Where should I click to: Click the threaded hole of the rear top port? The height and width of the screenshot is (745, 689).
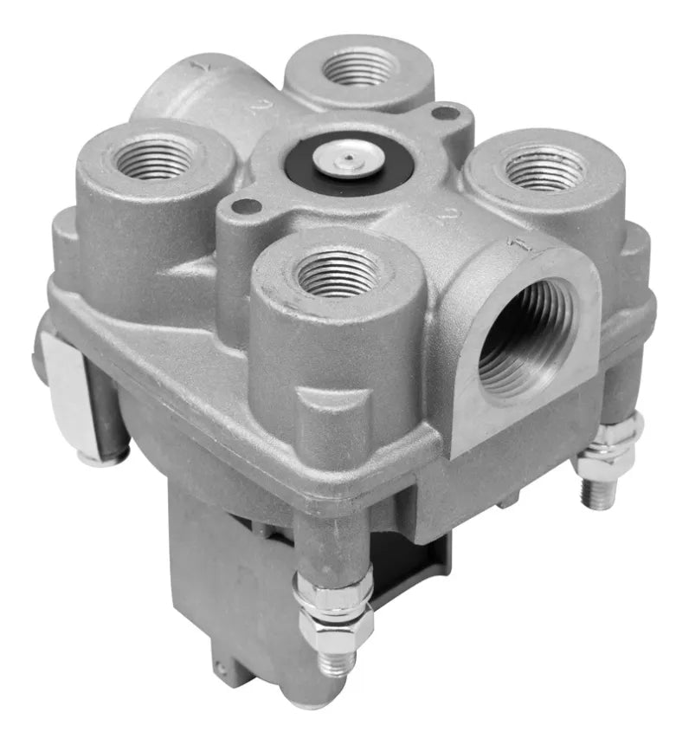click(360, 68)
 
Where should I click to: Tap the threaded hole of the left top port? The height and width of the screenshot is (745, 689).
click(155, 159)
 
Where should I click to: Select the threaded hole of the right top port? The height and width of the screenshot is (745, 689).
click(544, 168)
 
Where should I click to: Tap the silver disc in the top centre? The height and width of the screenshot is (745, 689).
click(350, 159)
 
